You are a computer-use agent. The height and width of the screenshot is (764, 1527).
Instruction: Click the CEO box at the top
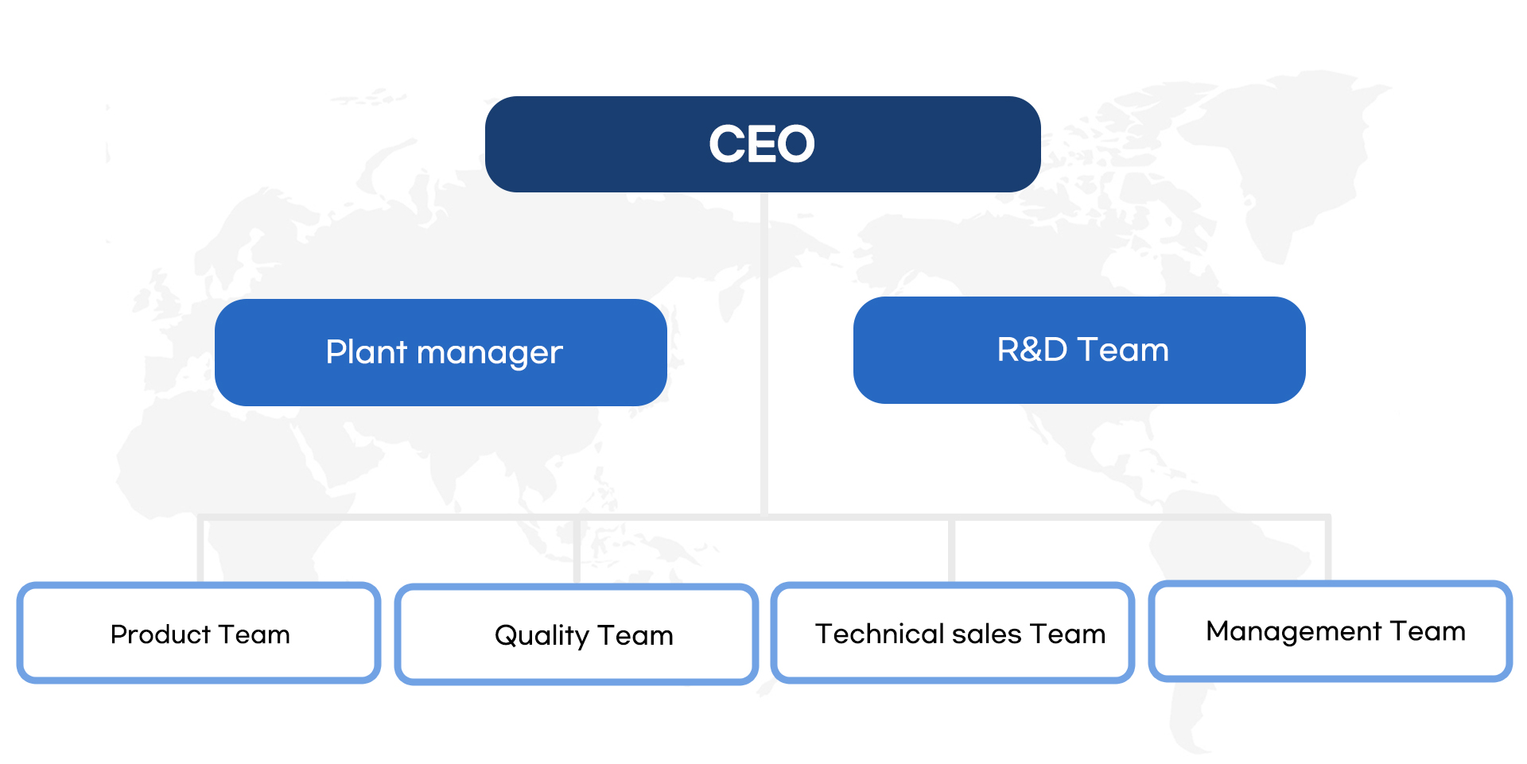[x=763, y=144]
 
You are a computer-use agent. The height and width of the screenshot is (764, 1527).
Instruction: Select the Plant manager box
[x=441, y=352]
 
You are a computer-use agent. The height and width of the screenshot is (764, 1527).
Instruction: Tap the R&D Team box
[x=1079, y=350]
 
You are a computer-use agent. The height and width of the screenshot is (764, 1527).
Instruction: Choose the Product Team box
[x=199, y=633]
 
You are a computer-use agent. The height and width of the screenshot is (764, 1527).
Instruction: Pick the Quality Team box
[x=577, y=634]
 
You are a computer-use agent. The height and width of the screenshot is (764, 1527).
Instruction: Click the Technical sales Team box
[x=953, y=633]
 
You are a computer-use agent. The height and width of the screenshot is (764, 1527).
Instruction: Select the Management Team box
[x=1331, y=631]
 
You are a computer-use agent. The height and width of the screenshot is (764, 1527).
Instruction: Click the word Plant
[x=367, y=351]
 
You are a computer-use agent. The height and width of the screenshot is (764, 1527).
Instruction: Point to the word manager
[x=490, y=355]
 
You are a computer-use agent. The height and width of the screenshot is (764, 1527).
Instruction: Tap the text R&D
[x=1032, y=350]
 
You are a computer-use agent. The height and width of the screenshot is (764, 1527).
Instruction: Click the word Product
[x=160, y=634]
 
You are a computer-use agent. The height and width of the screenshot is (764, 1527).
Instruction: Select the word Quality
[x=542, y=636]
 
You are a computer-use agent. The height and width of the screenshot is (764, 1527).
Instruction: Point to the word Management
[x=1294, y=631]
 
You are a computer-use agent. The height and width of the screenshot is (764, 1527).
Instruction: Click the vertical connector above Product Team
[x=201, y=549]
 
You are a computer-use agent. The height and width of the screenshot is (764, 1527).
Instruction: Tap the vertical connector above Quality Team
[x=577, y=551]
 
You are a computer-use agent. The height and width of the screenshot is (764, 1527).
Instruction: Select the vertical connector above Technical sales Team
[x=951, y=549]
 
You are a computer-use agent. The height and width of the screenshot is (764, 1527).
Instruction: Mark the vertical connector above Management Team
[x=1328, y=548]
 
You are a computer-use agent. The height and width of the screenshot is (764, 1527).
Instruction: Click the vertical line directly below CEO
[x=763, y=355]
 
